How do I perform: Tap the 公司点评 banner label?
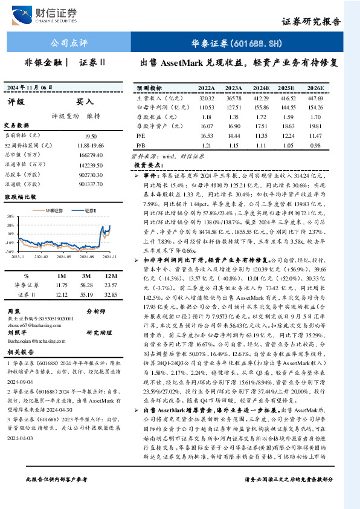68,44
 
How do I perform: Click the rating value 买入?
85,102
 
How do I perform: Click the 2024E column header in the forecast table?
262,88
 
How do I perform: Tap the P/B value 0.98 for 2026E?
315,145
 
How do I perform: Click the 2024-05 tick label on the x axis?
66,256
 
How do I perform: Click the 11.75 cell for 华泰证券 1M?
61,284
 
